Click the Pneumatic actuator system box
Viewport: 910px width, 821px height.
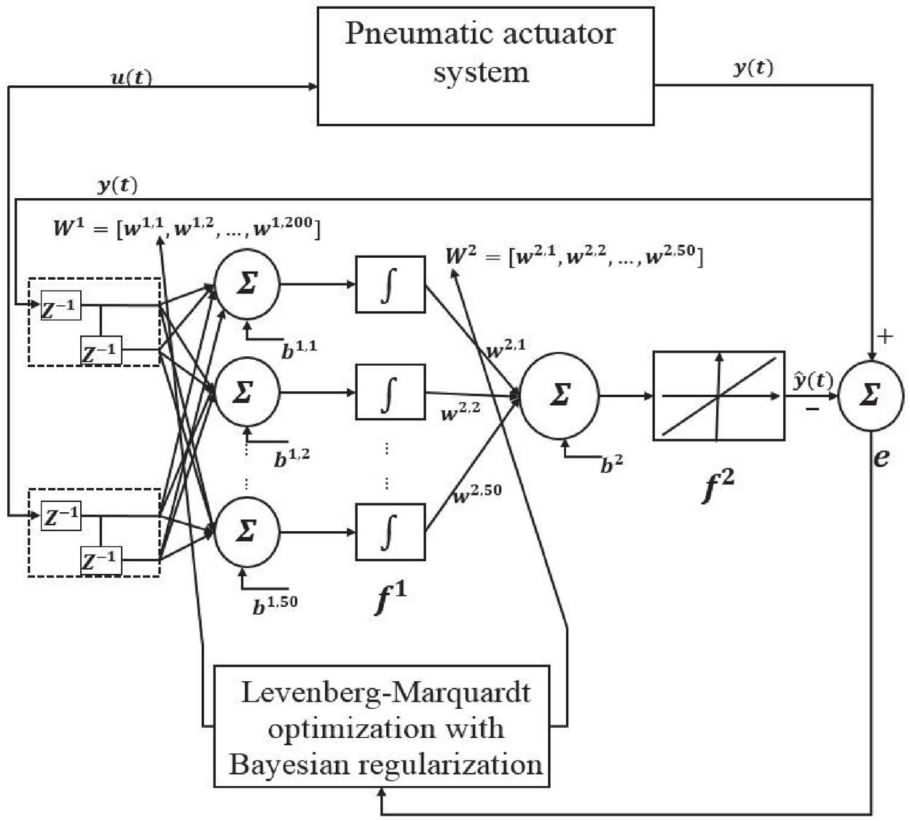[x=485, y=66]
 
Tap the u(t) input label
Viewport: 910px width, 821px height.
[x=131, y=77]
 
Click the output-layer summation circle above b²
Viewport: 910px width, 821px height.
[x=560, y=396]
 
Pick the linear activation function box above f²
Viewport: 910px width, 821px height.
[x=718, y=396]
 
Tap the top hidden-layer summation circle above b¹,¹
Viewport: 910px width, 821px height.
[x=247, y=284]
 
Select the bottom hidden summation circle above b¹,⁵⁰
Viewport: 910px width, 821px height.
[x=247, y=532]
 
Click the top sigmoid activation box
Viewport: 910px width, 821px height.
[x=390, y=284]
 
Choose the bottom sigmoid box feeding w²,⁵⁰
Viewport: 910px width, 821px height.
[x=390, y=532]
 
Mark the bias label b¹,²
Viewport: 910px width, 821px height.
[x=291, y=458]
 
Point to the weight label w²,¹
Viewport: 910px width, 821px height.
[x=505, y=349]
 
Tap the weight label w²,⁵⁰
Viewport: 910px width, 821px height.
[x=478, y=494]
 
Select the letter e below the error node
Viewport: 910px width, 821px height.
[x=881, y=457]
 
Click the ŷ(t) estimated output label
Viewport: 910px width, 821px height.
[x=812, y=380]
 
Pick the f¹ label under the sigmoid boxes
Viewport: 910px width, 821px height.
[x=391, y=599]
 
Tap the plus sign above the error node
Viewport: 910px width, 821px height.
[x=884, y=336]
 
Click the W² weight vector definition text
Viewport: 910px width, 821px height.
[x=574, y=256]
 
